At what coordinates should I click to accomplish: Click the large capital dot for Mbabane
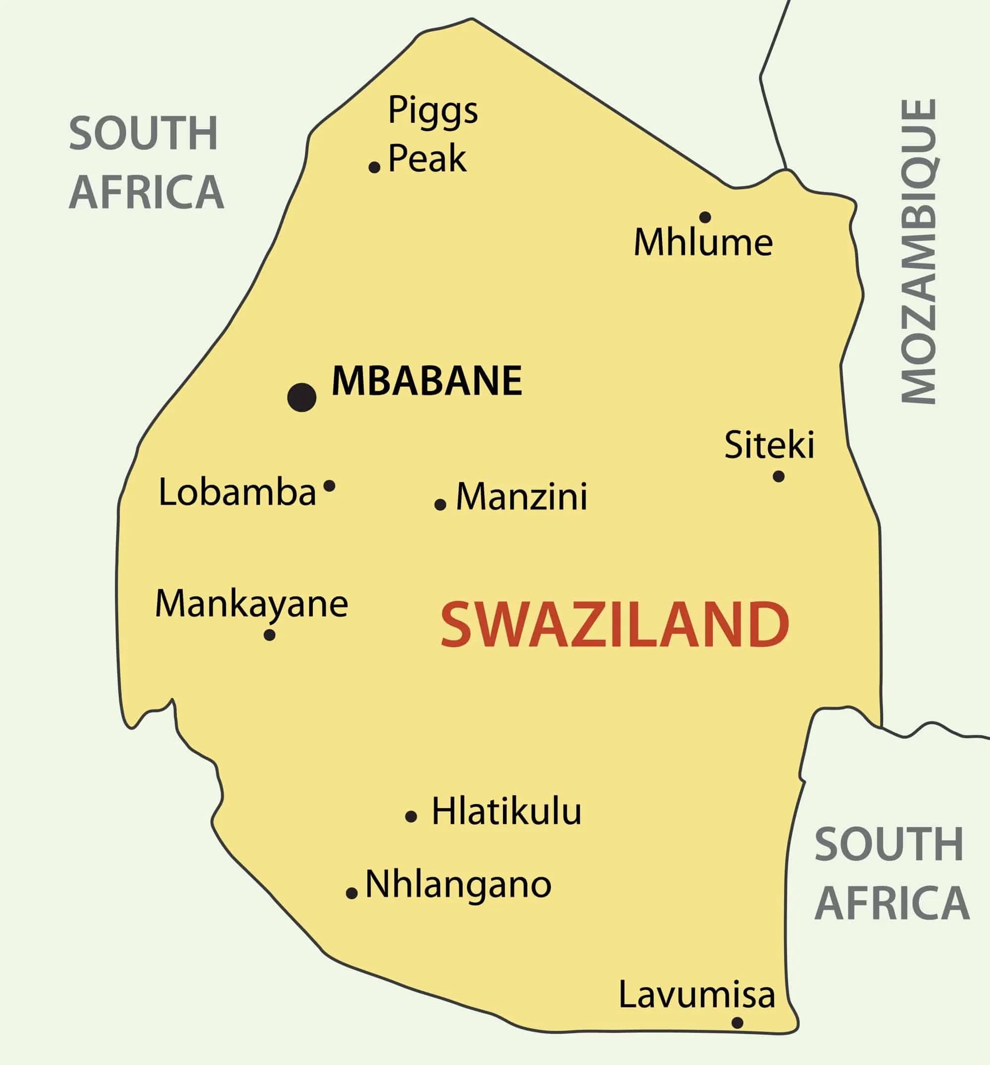(301, 397)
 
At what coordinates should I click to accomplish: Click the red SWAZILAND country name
(614, 624)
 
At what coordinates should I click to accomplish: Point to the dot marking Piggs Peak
(374, 167)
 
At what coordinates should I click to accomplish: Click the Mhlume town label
(703, 243)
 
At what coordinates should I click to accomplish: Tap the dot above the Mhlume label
(705, 217)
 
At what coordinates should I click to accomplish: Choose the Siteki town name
(769, 444)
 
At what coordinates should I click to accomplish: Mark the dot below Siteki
(779, 476)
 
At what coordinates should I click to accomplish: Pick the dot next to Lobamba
(330, 486)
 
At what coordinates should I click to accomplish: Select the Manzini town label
(521, 497)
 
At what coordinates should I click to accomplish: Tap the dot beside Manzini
(440, 504)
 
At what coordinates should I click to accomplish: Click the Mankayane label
(251, 604)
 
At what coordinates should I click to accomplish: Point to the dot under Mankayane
(269, 635)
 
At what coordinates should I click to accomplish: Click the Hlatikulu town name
(506, 811)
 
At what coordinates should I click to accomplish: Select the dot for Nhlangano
(351, 893)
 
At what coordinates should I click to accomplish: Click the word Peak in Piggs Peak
(427, 158)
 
